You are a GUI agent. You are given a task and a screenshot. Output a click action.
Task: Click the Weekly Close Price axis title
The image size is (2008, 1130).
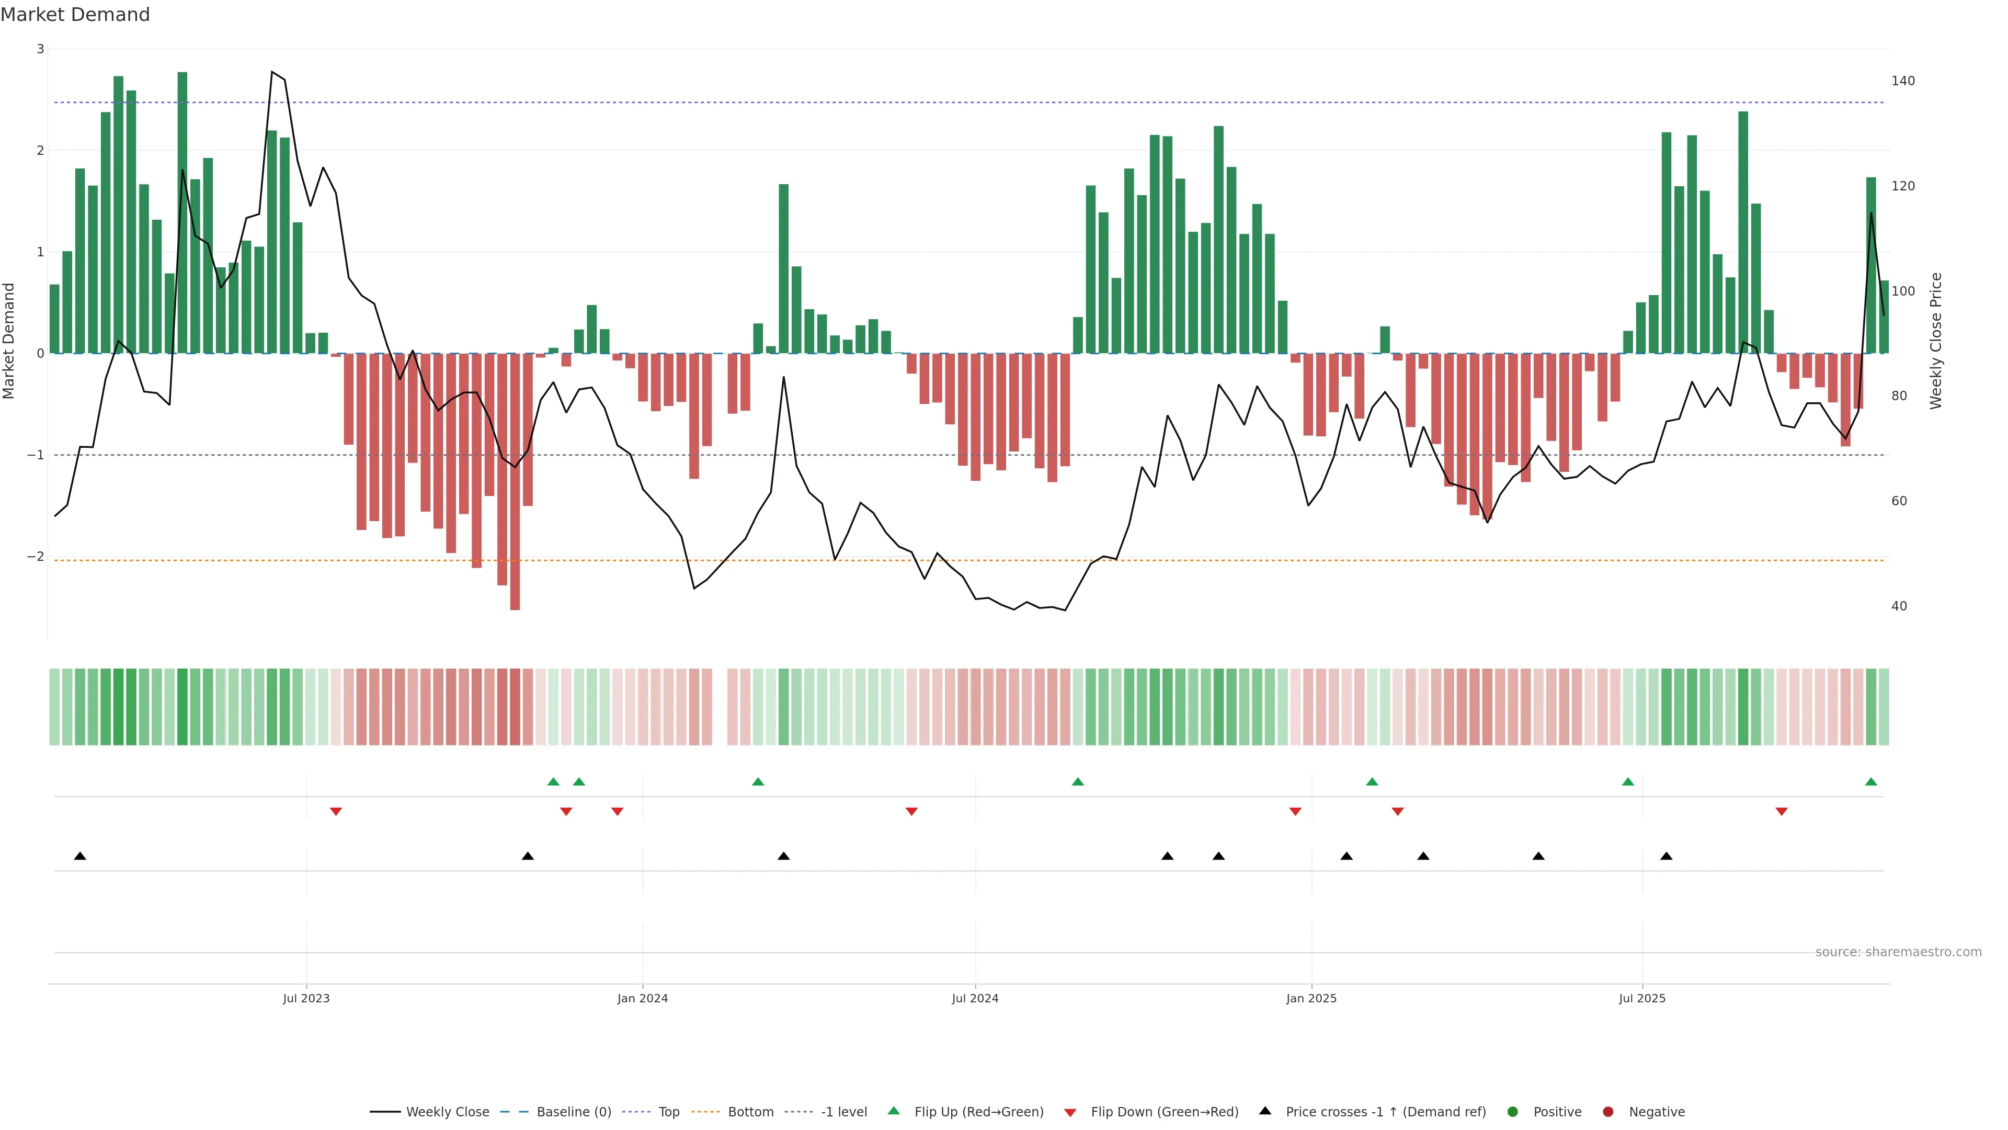point(1936,341)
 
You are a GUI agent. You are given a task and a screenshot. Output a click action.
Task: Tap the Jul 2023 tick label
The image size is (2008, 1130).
point(306,998)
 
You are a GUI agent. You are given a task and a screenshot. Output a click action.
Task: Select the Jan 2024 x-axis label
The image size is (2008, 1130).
point(642,998)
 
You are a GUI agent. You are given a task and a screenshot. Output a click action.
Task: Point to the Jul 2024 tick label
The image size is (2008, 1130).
point(975,998)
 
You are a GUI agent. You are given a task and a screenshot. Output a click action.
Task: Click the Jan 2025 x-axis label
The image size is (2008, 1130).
point(1311,998)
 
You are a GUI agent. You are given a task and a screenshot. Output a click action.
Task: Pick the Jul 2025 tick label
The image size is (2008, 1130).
point(1642,998)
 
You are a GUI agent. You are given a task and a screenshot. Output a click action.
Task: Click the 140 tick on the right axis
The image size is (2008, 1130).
point(1903,81)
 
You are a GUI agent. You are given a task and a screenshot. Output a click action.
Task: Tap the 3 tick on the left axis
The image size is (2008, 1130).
point(41,49)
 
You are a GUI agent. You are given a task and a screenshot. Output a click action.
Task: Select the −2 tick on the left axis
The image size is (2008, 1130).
point(36,557)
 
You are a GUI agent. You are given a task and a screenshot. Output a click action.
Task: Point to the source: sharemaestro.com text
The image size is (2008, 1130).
point(1898,952)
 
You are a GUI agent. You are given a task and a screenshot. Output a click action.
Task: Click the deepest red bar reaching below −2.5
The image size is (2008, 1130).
point(515,546)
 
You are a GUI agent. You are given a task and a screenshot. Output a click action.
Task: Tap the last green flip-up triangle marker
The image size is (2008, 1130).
point(1871,782)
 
